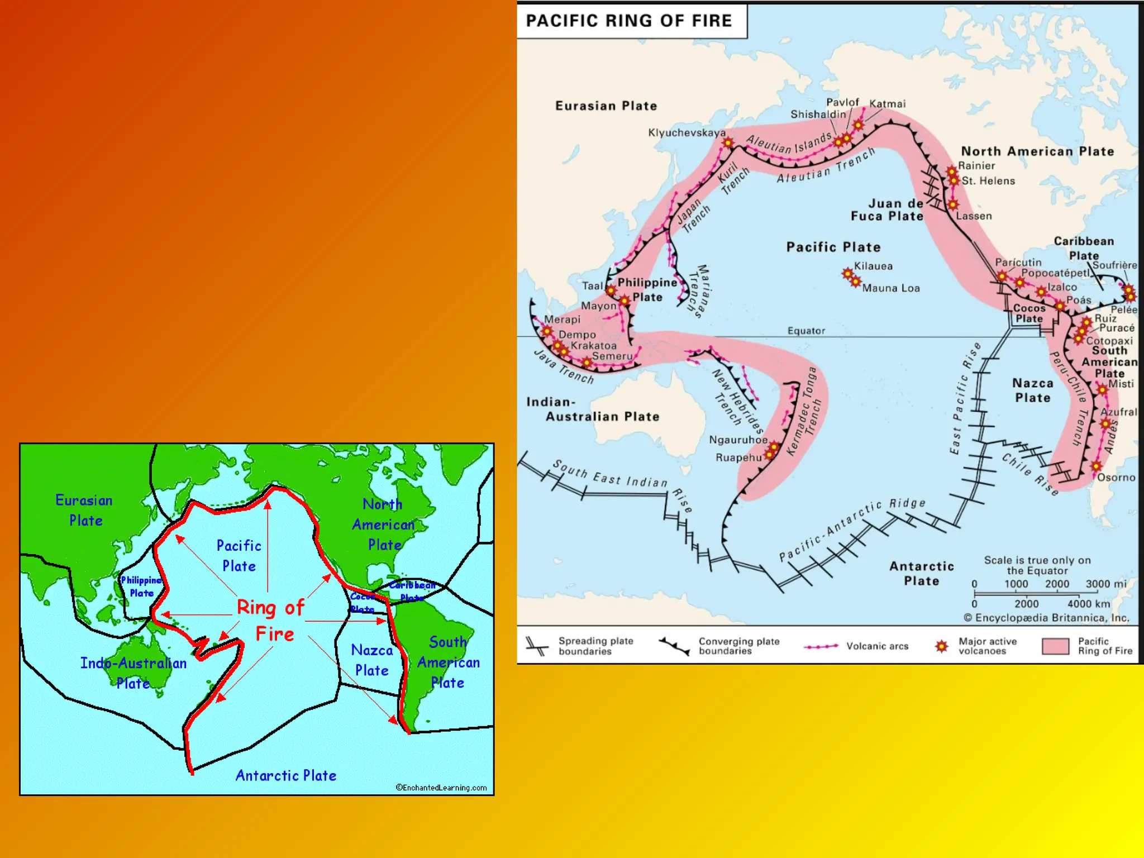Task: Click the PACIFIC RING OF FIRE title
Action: point(629,21)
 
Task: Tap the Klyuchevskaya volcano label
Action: point(687,133)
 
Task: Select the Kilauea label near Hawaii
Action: point(873,266)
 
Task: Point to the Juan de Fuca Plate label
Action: point(887,210)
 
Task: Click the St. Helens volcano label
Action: point(988,181)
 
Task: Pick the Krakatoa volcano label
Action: point(593,346)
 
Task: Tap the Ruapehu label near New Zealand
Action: point(738,457)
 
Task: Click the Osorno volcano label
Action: point(1116,478)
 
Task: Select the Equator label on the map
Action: point(806,331)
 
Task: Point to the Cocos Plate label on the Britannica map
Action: point(1029,313)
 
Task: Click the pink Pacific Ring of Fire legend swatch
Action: point(1055,646)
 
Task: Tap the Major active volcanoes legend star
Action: point(942,646)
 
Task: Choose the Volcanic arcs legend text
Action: point(877,646)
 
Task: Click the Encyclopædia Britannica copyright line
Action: point(1046,618)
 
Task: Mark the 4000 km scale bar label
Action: point(1088,604)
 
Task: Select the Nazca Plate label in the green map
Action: point(372,660)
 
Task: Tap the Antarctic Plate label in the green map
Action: point(285,776)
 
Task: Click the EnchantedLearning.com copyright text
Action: point(441,788)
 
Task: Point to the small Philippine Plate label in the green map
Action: point(141,587)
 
